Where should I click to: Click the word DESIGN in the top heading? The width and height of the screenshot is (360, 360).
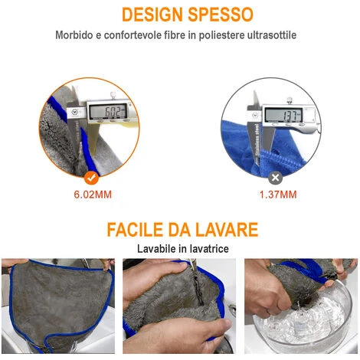152,15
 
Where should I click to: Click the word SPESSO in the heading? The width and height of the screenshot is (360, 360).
221,15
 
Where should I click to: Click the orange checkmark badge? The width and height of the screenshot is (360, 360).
91,178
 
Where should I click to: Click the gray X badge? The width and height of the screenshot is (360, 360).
275,178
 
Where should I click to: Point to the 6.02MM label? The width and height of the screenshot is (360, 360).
93,195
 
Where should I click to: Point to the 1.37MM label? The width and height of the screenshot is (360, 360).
278,195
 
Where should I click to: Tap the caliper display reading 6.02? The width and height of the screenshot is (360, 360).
108,111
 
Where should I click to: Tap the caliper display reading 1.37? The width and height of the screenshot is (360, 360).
283,116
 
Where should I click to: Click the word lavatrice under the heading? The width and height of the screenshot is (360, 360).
209,249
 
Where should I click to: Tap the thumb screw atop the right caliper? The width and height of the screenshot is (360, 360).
290,100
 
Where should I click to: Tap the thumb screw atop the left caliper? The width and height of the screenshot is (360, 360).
113,95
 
